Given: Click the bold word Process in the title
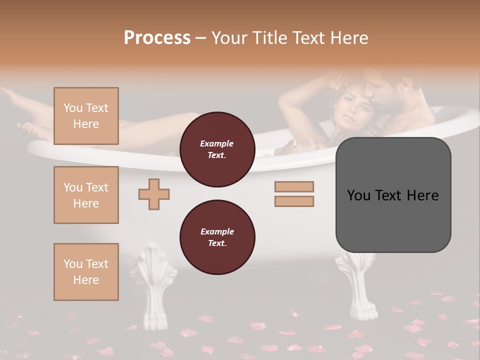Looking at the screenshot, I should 157,37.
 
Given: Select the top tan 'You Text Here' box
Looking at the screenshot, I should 86,116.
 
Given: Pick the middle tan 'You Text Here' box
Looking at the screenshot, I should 86,195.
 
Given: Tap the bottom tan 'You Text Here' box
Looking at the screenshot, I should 86,272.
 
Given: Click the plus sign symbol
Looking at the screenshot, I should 154,194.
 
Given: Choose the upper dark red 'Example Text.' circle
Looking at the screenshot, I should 217,149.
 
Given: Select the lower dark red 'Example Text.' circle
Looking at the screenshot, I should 217,237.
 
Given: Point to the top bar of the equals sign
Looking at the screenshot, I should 294,186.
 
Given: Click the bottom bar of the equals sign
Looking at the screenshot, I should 294,201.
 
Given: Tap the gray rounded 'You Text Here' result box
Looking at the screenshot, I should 393,195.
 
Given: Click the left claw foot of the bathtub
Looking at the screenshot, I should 154,287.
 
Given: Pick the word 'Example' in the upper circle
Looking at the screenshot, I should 217,143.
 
